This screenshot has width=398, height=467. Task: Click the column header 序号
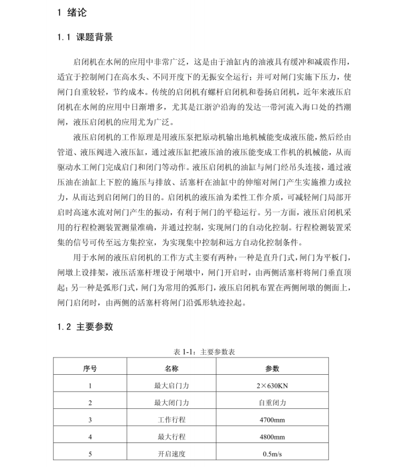click(x=90, y=368)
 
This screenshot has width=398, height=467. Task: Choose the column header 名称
click(x=172, y=368)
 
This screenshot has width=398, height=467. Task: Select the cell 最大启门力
click(x=172, y=386)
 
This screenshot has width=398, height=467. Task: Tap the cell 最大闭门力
click(x=172, y=402)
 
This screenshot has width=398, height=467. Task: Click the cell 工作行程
click(x=172, y=419)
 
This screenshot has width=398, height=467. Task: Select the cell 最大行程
click(x=172, y=437)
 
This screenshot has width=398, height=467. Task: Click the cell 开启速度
click(x=172, y=454)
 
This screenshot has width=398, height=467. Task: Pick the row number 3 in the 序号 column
click(x=90, y=419)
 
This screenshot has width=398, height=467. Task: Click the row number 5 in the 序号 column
click(x=90, y=454)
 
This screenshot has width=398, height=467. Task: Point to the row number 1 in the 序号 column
click(x=90, y=386)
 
